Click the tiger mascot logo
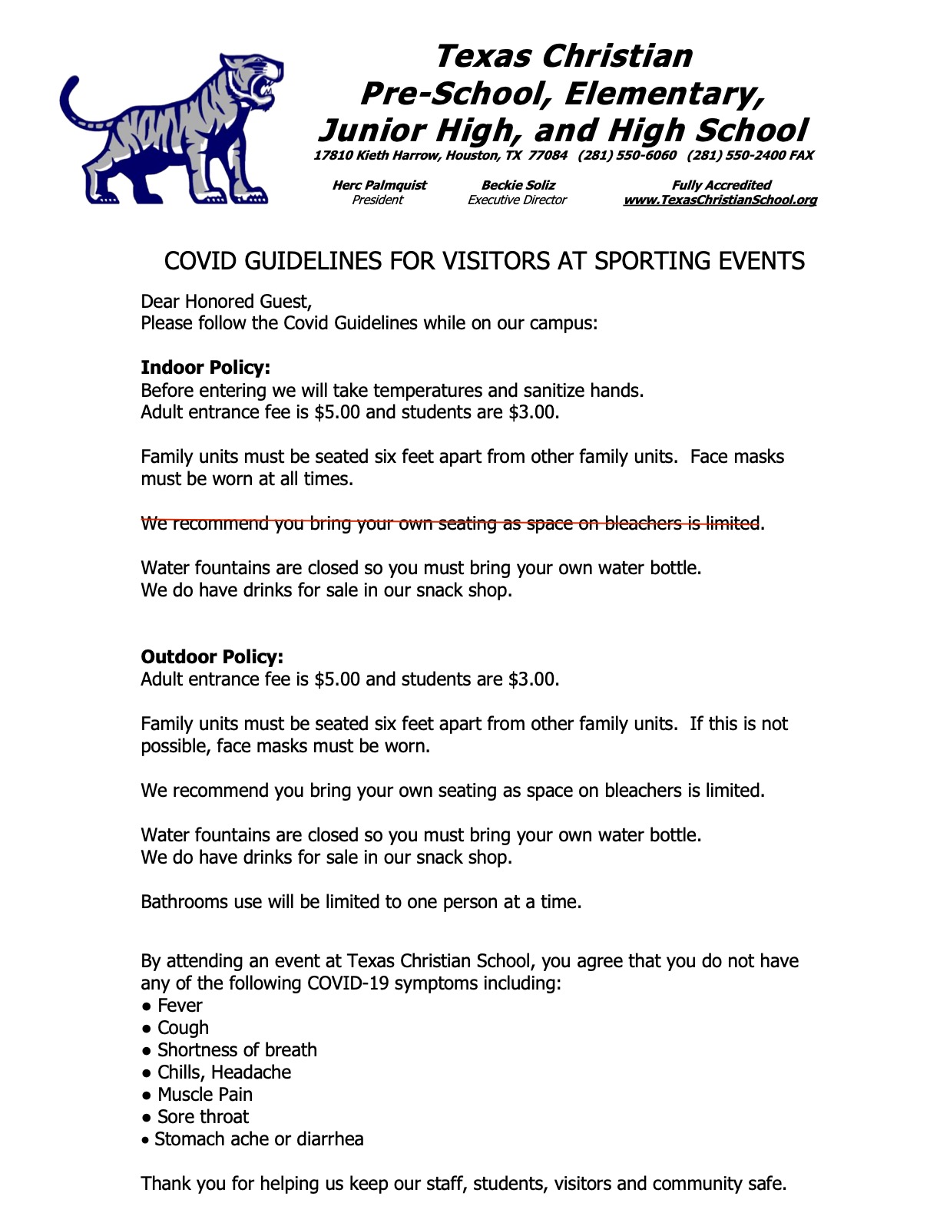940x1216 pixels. [x=170, y=129]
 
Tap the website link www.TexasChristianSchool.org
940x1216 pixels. [x=720, y=200]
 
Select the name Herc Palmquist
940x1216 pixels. [x=379, y=185]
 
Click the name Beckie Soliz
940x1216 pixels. [x=518, y=185]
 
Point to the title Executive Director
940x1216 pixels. [x=517, y=200]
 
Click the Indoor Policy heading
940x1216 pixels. [x=205, y=368]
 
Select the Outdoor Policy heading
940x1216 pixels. [x=212, y=657]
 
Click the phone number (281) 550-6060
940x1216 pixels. [x=627, y=156]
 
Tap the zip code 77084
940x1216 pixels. [x=548, y=156]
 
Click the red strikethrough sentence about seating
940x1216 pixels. [x=452, y=524]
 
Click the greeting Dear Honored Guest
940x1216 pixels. [x=226, y=301]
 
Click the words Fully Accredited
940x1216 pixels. [x=721, y=185]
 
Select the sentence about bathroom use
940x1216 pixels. [x=361, y=902]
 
